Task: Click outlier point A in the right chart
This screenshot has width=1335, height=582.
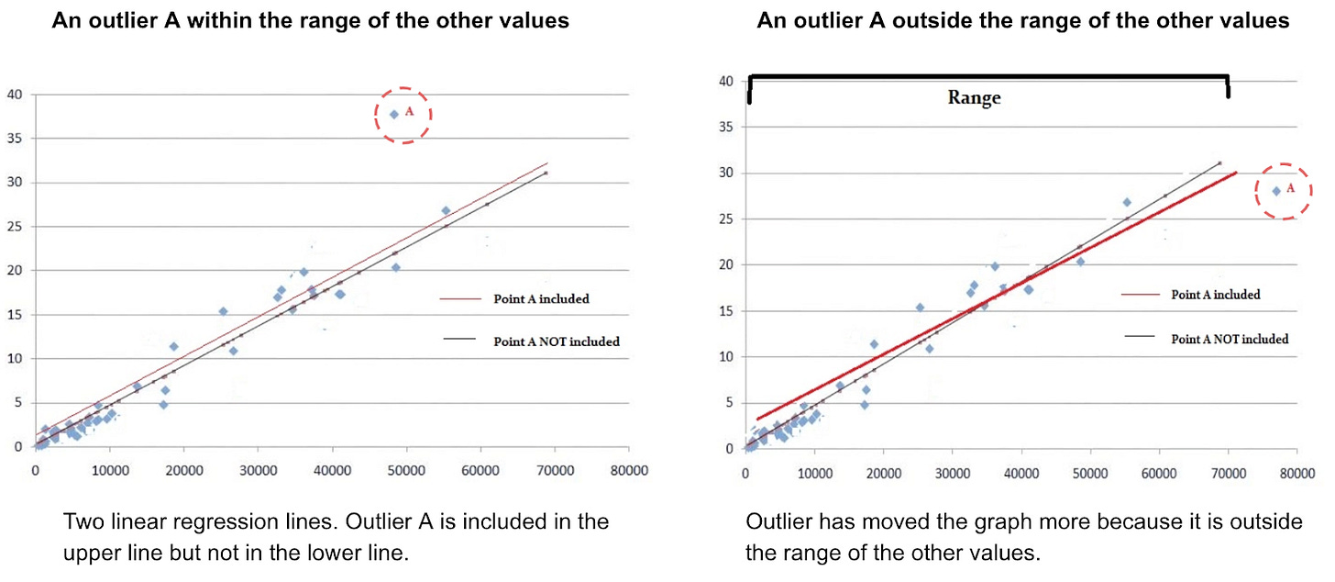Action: click(1276, 191)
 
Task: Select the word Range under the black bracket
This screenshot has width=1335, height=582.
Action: click(974, 98)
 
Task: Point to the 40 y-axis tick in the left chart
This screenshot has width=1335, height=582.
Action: click(16, 95)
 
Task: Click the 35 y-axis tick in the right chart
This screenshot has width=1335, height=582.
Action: click(725, 127)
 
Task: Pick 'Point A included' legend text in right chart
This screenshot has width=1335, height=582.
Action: click(1215, 295)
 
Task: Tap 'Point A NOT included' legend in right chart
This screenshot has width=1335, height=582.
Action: click(1230, 339)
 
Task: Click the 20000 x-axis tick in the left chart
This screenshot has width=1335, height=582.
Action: click(183, 469)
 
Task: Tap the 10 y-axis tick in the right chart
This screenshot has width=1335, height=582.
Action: click(725, 357)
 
